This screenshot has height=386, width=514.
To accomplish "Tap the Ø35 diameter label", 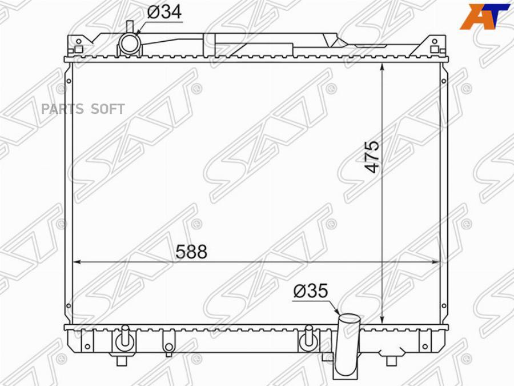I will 311,291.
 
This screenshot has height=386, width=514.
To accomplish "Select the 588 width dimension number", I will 191,252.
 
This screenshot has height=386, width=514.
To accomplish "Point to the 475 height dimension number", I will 372,157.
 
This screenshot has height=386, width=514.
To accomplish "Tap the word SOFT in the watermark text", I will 108,109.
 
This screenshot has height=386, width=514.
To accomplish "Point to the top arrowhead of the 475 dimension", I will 382,66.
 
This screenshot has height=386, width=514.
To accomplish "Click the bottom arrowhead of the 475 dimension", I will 382,321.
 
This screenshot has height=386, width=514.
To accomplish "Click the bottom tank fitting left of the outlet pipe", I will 308,340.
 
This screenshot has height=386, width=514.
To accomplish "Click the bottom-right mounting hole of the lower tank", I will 424,346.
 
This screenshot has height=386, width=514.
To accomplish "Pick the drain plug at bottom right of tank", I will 391,360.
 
